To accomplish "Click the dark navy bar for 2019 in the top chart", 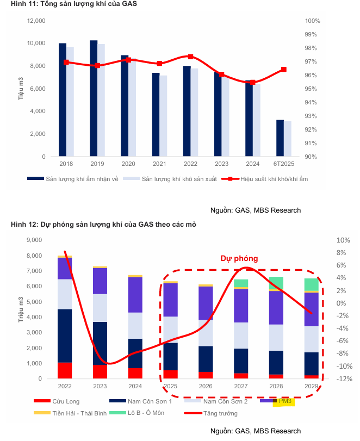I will click(x=94, y=98).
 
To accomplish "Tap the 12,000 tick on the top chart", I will click(x=36, y=21).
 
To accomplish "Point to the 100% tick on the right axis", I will click(x=312, y=21).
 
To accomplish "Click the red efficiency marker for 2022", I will click(x=190, y=57).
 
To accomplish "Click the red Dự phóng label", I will click(x=239, y=258).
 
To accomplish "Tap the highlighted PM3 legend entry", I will click(x=285, y=401).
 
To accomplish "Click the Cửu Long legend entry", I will click(x=65, y=401).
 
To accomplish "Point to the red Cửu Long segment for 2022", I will click(x=65, y=370).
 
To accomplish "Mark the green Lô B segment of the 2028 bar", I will click(x=276, y=283).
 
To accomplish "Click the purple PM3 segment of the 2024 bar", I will click(x=135, y=295).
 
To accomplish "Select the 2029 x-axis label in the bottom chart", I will click(x=312, y=386).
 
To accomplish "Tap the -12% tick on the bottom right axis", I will click(x=343, y=379).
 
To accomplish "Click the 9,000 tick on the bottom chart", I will click(x=34, y=240).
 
